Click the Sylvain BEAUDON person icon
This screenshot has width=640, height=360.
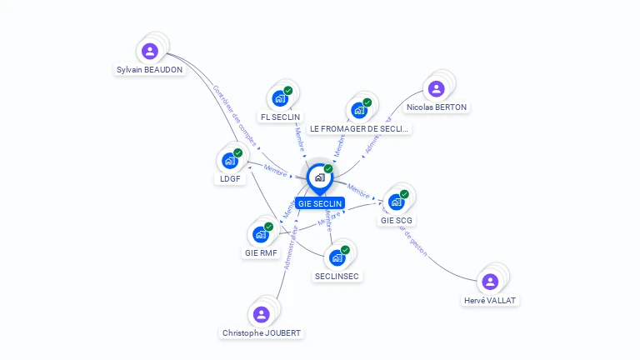click(150, 52)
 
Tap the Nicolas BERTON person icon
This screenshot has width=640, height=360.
click(436, 88)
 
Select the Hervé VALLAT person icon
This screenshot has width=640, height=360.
click(490, 282)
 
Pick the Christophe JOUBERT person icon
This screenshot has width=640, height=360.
click(261, 314)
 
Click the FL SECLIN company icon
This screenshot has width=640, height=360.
click(280, 98)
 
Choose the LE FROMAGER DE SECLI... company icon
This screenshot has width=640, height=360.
click(359, 110)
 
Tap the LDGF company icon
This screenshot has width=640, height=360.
click(230, 161)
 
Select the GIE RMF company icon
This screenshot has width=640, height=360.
click(260, 234)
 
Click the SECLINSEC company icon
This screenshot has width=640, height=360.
click(337, 257)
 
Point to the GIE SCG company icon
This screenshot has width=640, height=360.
click(397, 202)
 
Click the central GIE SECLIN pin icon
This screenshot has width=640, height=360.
click(319, 177)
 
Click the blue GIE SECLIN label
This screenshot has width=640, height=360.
click(320, 203)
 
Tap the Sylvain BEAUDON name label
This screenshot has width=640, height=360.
click(150, 70)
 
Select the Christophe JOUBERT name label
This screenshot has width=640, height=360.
click(262, 332)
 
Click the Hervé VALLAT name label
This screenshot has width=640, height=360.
click(491, 300)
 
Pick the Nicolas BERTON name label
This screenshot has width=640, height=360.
click(437, 107)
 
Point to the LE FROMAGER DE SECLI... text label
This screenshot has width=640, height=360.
click(360, 129)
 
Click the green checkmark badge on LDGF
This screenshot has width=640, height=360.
click(238, 152)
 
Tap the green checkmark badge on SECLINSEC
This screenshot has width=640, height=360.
click(345, 249)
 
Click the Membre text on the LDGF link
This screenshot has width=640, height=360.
click(275, 171)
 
